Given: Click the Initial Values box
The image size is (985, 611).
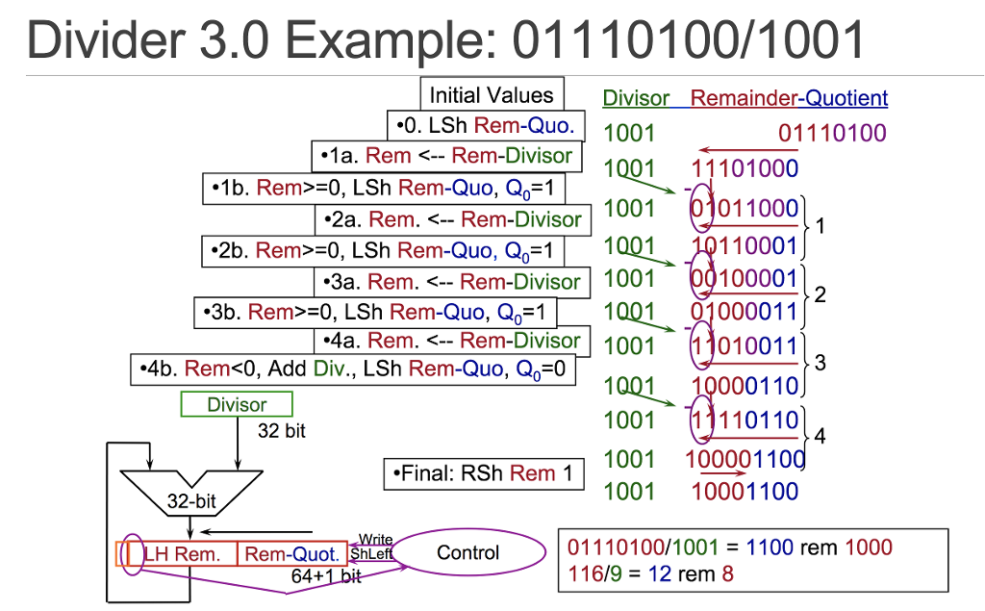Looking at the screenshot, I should (x=492, y=95).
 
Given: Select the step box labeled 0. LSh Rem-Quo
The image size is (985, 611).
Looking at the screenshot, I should (x=485, y=125).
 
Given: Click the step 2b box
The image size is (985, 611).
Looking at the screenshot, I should (x=385, y=251).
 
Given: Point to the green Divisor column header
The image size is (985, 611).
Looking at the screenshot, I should (x=635, y=98).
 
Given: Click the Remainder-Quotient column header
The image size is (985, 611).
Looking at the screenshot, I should (x=789, y=98).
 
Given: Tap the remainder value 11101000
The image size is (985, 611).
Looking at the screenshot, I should (x=745, y=169).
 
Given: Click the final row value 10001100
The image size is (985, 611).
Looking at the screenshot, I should (x=745, y=492).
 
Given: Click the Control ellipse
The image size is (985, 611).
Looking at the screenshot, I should (x=467, y=553).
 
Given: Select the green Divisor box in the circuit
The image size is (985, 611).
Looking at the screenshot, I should (x=236, y=405).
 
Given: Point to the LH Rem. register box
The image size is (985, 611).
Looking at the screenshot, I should (x=181, y=554).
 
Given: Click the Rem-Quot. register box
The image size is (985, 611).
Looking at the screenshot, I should (x=291, y=554).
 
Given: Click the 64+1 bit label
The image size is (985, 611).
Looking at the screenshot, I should (x=326, y=576).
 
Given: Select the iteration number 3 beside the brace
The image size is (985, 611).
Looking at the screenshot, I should (x=820, y=363).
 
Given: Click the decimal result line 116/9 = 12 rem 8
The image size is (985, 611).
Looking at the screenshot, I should (x=650, y=574).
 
